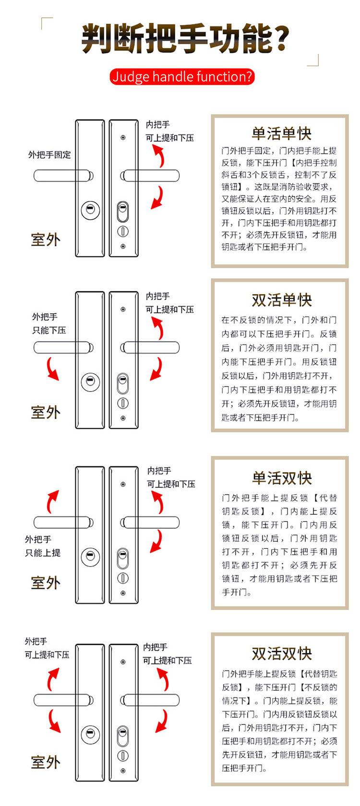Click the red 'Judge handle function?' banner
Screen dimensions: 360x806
(x=182, y=77)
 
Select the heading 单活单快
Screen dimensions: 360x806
(x=281, y=133)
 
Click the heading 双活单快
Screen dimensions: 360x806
(x=281, y=300)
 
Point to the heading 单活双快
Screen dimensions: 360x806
(x=281, y=478)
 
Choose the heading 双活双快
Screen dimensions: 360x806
(x=281, y=653)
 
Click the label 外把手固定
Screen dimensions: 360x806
(x=49, y=154)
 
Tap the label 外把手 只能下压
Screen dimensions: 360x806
(x=49, y=323)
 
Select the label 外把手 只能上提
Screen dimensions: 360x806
(x=43, y=546)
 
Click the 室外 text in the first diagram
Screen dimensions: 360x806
(x=46, y=239)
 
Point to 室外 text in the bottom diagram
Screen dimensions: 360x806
(x=46, y=762)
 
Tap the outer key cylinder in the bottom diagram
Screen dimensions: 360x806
(x=90, y=735)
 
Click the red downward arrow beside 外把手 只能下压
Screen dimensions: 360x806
(x=52, y=369)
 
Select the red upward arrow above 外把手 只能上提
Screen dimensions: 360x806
(x=52, y=501)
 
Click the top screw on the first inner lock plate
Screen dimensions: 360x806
(x=123, y=138)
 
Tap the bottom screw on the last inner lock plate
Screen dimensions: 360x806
(x=123, y=771)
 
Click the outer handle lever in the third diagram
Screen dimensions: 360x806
(x=62, y=522)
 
